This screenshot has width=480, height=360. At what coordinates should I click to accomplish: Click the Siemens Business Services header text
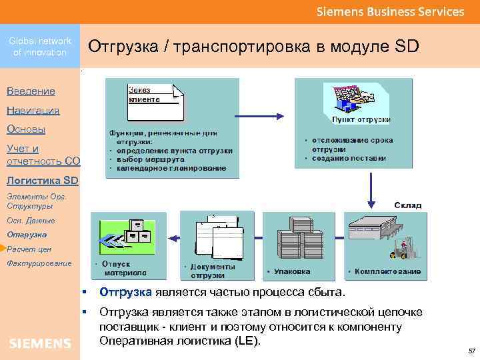pos(390,12)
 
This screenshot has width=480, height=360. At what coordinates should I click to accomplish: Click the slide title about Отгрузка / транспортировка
pos(253,47)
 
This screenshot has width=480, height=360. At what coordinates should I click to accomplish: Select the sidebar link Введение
pos(31,91)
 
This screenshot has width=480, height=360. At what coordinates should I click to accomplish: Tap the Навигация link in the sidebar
pos(33,111)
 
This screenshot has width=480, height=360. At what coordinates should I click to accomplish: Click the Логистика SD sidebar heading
pos(41,180)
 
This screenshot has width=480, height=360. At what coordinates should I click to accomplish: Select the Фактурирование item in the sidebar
pos(39,263)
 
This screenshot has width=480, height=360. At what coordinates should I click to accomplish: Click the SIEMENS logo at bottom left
pos(40,343)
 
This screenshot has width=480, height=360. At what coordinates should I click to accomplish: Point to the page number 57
pos(471,351)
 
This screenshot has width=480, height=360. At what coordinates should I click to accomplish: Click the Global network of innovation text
pos(40,47)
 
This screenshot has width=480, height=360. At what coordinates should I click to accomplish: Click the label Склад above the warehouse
pos(407,205)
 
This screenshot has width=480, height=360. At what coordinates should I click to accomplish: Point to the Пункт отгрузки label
pos(361,119)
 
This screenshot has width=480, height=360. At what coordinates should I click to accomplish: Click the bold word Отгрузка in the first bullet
pos(126,293)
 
